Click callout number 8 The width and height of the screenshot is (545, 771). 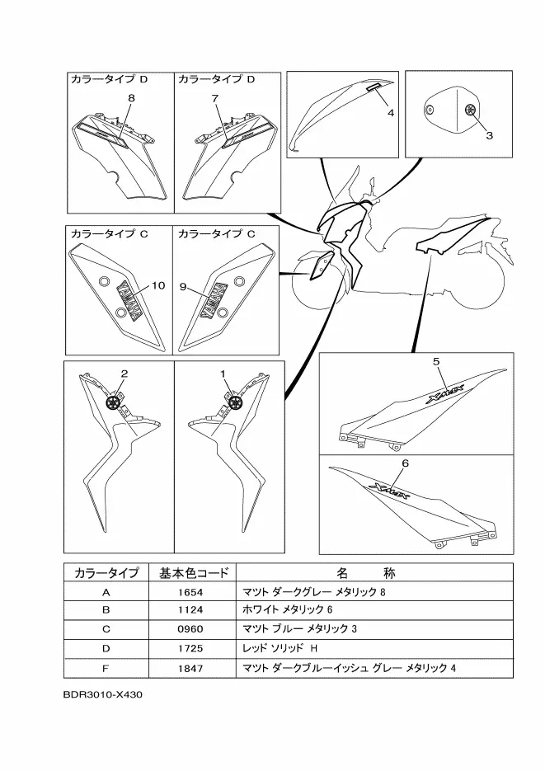[131, 98]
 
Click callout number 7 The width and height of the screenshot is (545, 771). [215, 98]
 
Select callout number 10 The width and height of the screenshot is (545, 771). [156, 286]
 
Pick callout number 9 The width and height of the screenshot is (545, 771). [184, 288]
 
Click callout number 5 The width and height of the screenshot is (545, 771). [437, 361]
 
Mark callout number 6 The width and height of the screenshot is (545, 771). [405, 464]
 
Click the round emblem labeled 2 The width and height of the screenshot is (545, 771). [113, 402]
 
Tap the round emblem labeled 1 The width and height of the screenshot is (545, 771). [235, 402]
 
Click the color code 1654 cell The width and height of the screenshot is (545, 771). [190, 592]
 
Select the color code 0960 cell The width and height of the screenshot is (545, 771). [190, 629]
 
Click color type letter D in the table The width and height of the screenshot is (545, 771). [106, 648]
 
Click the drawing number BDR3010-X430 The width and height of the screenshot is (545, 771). [103, 694]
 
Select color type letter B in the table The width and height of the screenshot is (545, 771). [106, 611]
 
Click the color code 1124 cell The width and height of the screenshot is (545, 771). [190, 611]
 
